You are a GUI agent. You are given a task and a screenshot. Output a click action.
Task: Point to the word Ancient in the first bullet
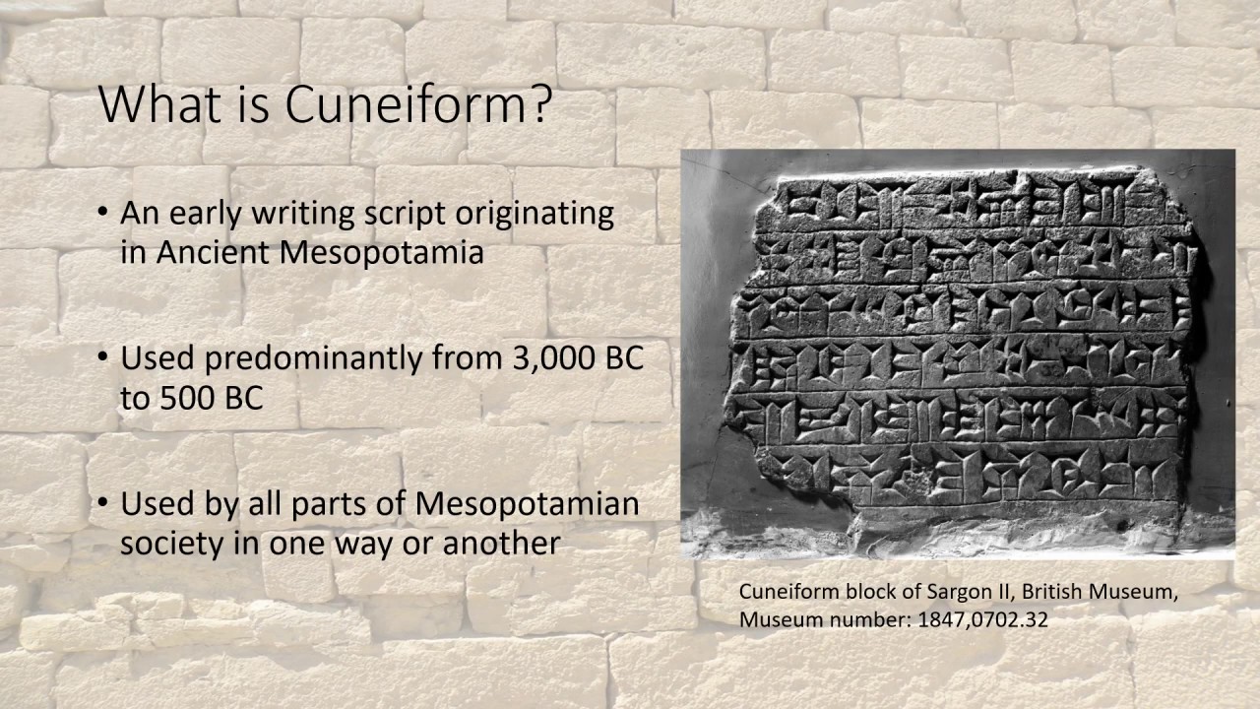210,252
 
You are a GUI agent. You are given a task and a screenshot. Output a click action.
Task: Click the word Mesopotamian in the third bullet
527,504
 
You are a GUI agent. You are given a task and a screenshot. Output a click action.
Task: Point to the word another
502,543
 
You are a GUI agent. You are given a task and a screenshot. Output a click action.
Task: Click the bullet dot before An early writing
104,214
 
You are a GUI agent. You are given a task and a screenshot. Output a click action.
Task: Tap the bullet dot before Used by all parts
104,504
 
